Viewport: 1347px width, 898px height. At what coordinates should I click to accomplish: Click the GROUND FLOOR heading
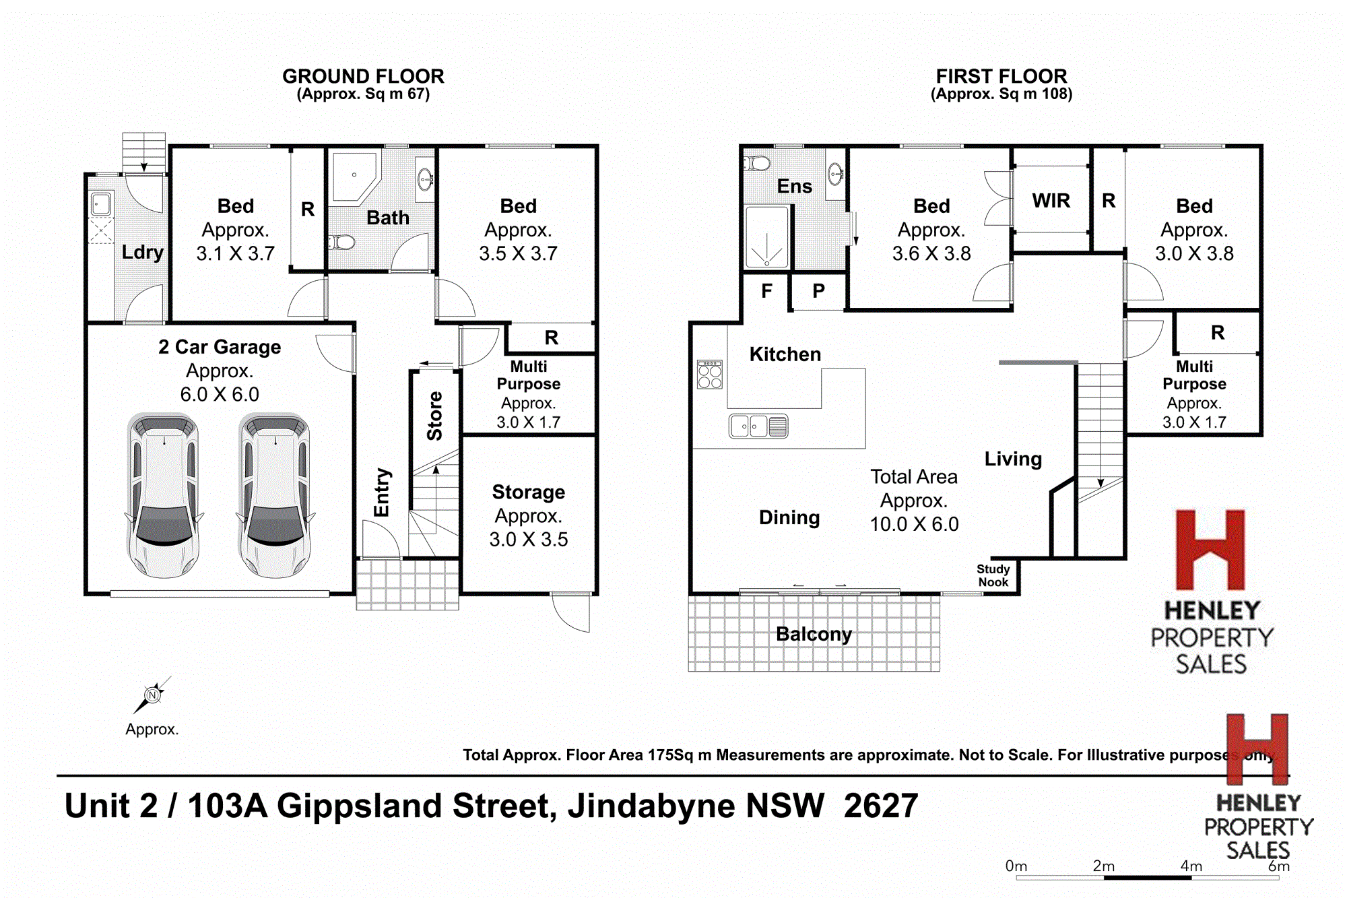click(363, 76)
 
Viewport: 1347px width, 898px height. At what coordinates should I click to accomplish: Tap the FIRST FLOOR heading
click(1001, 76)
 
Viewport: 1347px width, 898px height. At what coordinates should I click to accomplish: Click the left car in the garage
click(164, 495)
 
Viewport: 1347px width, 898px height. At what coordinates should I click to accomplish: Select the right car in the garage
click(275, 495)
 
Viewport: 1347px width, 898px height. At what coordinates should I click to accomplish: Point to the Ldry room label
click(143, 252)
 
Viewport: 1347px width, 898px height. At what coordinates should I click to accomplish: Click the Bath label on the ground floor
click(388, 218)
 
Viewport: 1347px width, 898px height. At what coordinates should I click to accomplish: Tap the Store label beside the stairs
click(435, 416)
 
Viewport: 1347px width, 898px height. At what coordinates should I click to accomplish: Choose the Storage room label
click(529, 492)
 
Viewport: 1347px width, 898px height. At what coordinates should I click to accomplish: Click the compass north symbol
click(153, 695)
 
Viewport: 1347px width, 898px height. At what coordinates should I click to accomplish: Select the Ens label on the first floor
click(795, 186)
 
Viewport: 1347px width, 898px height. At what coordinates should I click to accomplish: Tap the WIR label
click(1051, 201)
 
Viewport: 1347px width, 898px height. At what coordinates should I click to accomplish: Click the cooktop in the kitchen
click(710, 375)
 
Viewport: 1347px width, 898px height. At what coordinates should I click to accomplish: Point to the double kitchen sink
click(758, 426)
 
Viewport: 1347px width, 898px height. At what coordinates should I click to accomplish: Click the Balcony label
click(814, 634)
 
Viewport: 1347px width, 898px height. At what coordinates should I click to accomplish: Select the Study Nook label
click(993, 575)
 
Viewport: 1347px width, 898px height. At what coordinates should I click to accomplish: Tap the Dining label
click(789, 517)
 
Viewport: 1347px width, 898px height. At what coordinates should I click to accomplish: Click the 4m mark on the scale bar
click(1191, 867)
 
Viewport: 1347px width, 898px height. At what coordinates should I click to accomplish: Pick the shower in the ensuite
click(766, 238)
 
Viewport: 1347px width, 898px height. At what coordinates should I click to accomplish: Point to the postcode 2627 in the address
click(881, 806)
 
